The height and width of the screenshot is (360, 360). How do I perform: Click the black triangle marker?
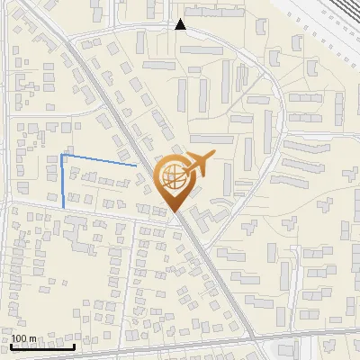[x=181, y=24]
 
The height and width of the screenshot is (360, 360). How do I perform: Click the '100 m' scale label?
[x=23, y=338]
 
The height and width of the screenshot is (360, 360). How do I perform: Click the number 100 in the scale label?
[x=19, y=338]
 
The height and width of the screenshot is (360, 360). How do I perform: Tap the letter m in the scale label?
[x=32, y=338]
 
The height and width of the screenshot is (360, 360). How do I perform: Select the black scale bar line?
[x=42, y=346]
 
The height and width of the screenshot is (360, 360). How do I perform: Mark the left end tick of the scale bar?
[x=11, y=345]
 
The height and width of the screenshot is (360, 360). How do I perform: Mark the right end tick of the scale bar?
[x=75, y=345]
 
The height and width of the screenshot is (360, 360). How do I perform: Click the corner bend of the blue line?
[x=62, y=155]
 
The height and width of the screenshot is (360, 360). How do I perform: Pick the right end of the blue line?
[x=137, y=166]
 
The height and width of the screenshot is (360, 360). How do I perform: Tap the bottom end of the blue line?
[x=64, y=209]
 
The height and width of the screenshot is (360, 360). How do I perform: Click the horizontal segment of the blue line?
[x=99, y=160]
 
